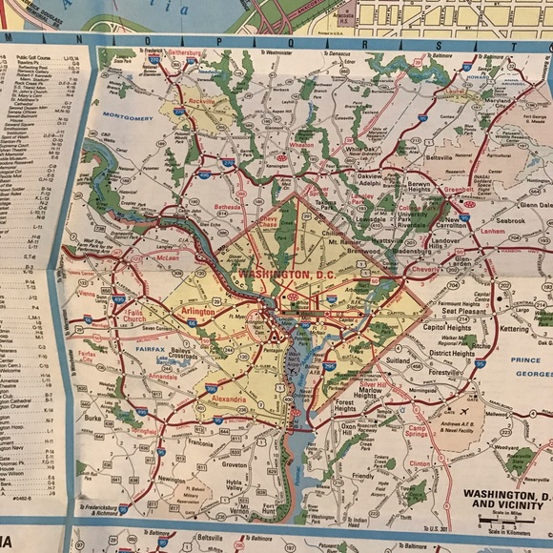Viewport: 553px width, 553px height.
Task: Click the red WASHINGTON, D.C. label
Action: point(275,275)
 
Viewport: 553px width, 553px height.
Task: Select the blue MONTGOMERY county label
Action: point(127,118)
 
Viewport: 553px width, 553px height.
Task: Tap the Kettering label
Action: point(512,327)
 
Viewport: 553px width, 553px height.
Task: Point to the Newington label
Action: point(171,480)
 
